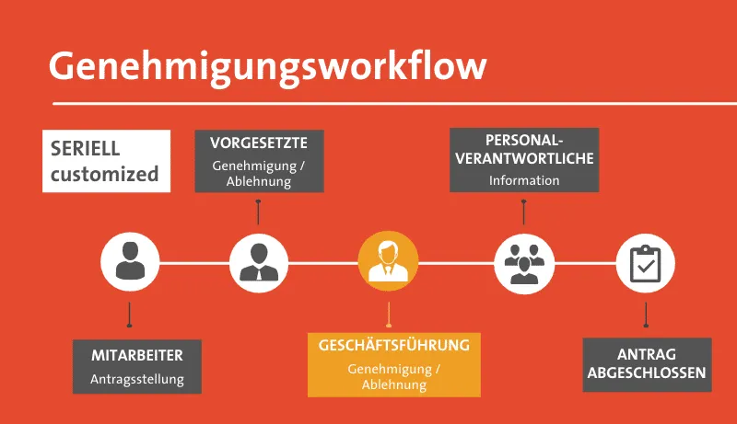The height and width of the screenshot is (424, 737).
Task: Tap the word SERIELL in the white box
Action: coord(85,149)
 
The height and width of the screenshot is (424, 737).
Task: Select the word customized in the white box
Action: coord(104,174)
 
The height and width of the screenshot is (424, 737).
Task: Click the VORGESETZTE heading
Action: coord(258,143)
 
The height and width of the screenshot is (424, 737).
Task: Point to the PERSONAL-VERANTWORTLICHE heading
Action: coord(523,149)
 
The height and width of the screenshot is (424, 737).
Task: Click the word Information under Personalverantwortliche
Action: coord(523,180)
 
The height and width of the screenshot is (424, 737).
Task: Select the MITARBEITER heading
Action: coord(137,355)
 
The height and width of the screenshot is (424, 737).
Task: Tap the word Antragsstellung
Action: coord(137,378)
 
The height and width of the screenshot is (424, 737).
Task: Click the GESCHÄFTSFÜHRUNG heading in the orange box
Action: coord(393,346)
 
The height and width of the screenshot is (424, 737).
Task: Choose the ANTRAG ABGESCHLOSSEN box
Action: coord(647,364)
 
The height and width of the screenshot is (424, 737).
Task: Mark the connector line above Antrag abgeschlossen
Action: coord(646,315)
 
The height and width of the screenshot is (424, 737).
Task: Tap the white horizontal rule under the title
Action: coord(387,102)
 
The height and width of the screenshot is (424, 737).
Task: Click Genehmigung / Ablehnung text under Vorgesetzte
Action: coord(258,174)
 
